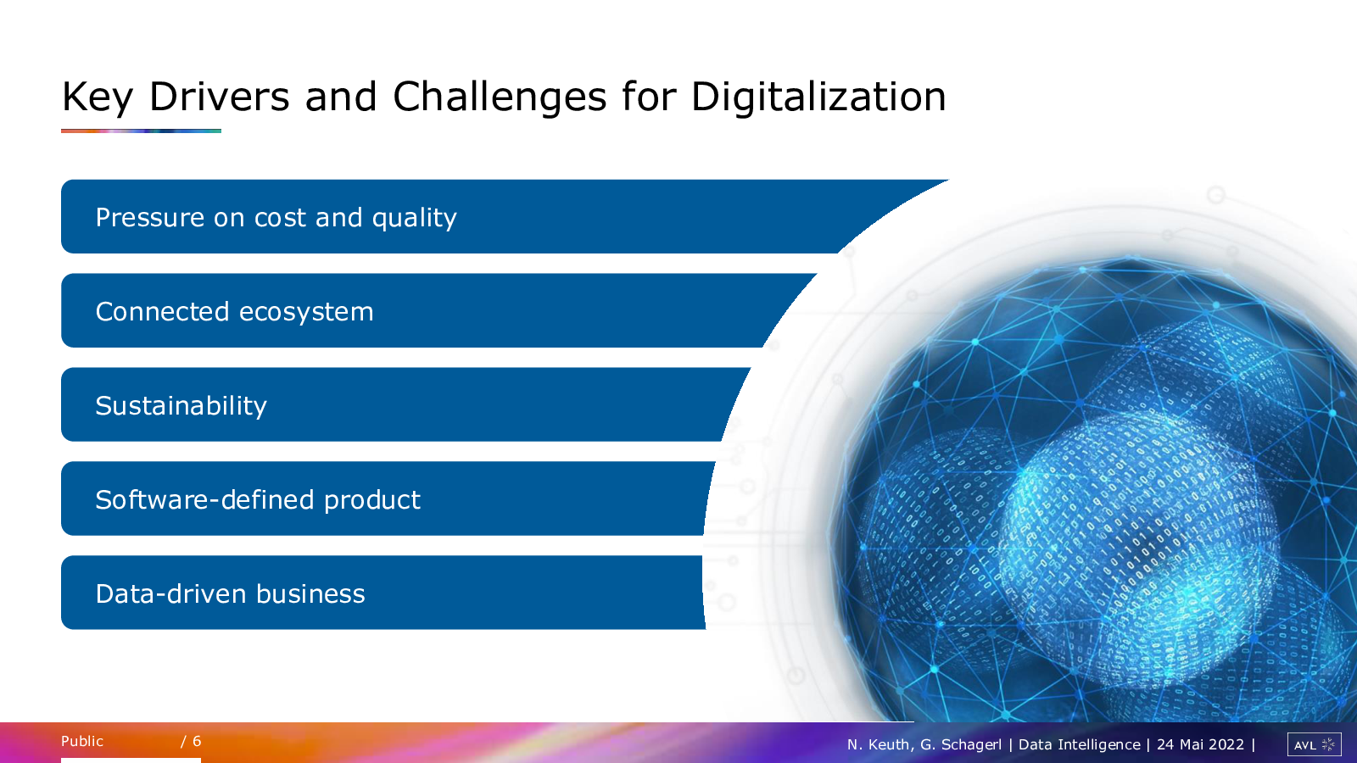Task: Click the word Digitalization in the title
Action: (818, 97)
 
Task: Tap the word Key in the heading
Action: (98, 97)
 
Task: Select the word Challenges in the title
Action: (500, 97)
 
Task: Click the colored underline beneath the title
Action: (141, 131)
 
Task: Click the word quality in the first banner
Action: (415, 218)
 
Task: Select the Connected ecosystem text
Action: (234, 312)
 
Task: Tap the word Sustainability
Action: (181, 406)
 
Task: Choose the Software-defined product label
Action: (258, 499)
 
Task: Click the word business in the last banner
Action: (310, 593)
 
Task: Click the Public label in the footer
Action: (82, 741)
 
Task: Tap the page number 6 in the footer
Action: (197, 741)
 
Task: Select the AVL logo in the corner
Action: (1315, 744)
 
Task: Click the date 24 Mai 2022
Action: (1200, 744)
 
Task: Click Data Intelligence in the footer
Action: (1080, 745)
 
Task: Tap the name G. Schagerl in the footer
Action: (961, 745)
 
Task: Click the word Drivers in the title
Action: (220, 97)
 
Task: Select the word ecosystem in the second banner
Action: (306, 313)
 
